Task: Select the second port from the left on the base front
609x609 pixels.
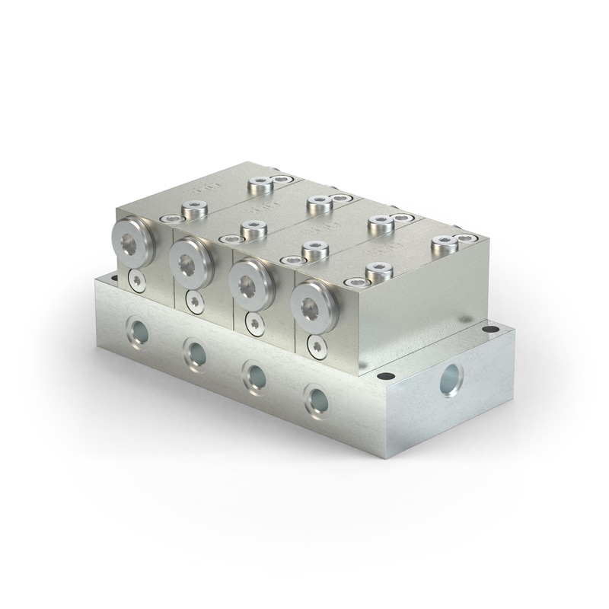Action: (x=195, y=352)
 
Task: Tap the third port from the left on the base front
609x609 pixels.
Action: (x=253, y=374)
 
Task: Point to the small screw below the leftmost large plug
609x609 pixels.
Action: (x=137, y=280)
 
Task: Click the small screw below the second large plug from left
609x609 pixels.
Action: (x=195, y=302)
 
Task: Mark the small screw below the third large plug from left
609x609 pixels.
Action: (x=254, y=324)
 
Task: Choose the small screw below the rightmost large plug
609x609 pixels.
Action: (x=317, y=348)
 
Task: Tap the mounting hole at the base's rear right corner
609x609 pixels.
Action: (x=491, y=330)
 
